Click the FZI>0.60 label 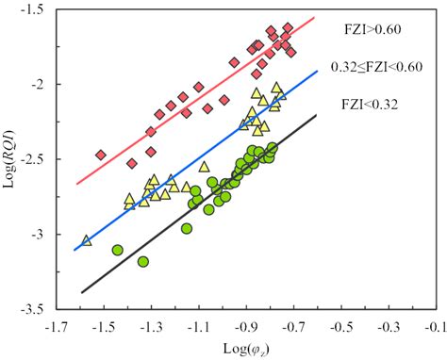[374, 28]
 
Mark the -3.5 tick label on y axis [32, 308]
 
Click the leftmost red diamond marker [101, 155]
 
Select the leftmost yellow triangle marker [87, 241]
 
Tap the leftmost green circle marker [118, 250]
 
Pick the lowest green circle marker [143, 261]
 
